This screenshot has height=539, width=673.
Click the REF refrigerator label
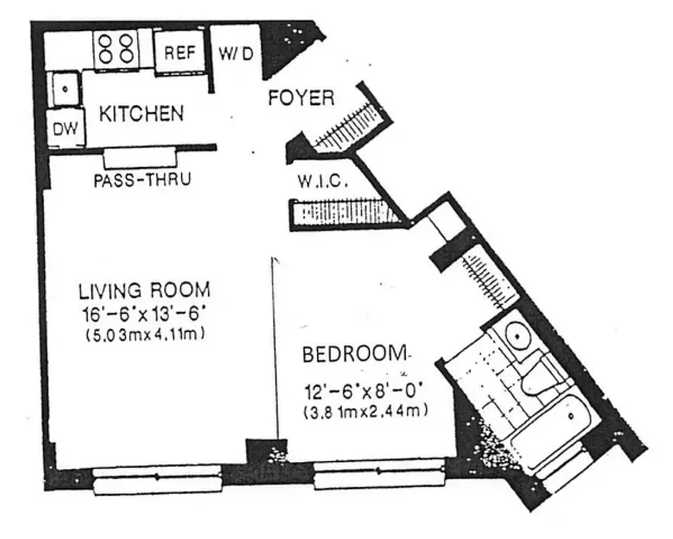pyautogui.click(x=180, y=54)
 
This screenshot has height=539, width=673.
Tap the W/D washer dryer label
pyautogui.click(x=236, y=54)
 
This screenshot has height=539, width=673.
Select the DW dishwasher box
pyautogui.click(x=65, y=129)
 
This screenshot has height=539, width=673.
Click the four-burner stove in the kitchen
pyautogui.click(x=115, y=49)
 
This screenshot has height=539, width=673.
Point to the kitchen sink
pyautogui.click(x=66, y=88)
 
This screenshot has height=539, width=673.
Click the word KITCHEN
pyautogui.click(x=141, y=113)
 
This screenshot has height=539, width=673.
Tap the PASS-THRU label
pyautogui.click(x=142, y=180)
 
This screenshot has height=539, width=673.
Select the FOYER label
pyautogui.click(x=301, y=98)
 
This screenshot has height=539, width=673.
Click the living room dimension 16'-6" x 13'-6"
pyautogui.click(x=144, y=313)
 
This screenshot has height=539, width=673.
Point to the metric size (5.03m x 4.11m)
pyautogui.click(x=144, y=334)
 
